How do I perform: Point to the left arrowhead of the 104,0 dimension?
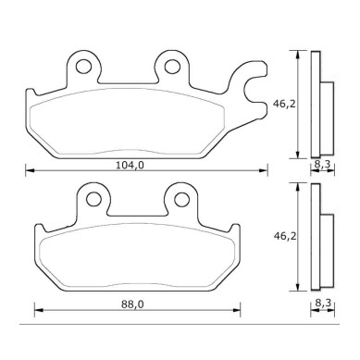28,170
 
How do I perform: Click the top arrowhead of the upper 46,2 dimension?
297,54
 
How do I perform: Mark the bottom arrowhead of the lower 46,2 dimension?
297,287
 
